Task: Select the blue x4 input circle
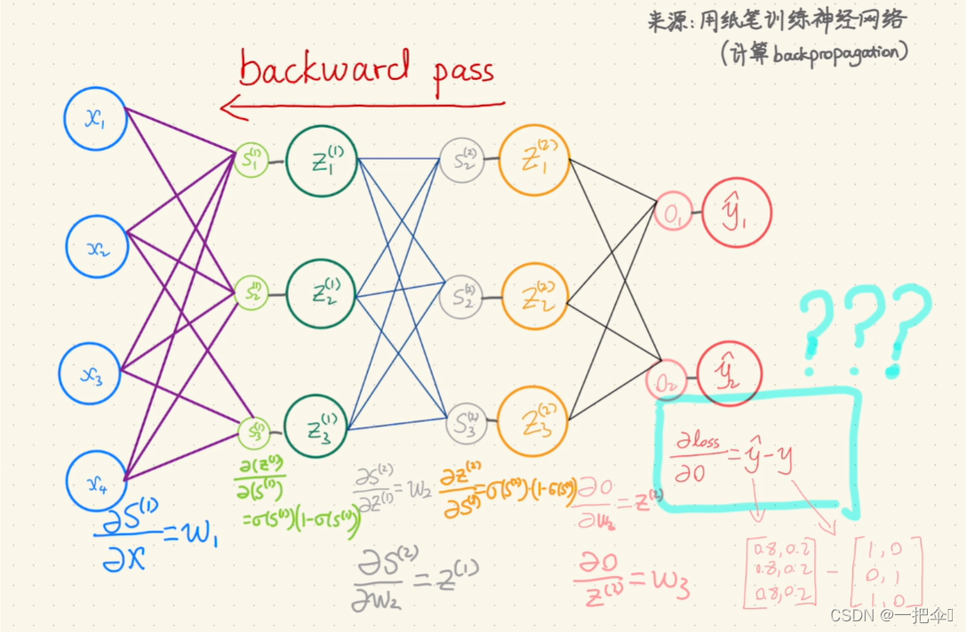click(98, 481)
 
